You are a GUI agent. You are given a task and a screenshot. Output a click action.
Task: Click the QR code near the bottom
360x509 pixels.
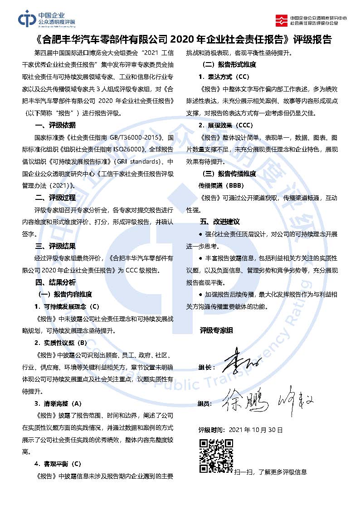coord(216,456)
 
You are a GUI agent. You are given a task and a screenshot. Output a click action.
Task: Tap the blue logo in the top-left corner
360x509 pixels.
coord(27,19)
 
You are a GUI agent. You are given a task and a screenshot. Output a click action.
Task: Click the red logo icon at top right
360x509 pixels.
coord(281,19)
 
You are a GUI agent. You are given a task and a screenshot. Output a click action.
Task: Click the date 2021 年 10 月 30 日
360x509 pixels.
coord(256,429)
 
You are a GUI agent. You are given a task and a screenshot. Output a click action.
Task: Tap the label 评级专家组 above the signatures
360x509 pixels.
coord(217,330)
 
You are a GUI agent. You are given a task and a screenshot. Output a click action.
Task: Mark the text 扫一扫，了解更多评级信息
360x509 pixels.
coord(271,472)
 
